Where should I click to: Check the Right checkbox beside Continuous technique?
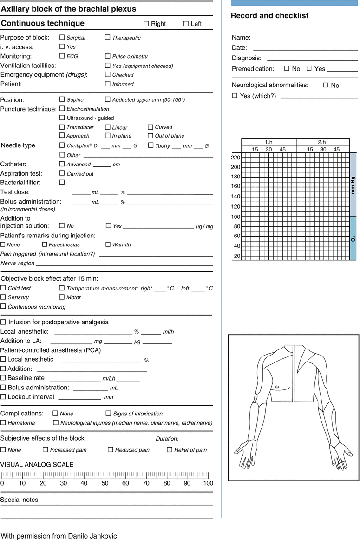point(146,24)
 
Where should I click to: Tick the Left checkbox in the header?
point(186,24)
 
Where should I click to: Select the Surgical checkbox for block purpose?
point(62,37)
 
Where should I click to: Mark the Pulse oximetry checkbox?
point(108,56)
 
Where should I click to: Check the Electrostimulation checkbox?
point(62,108)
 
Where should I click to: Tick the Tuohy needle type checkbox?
point(151,145)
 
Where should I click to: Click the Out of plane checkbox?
point(151,136)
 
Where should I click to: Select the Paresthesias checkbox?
point(45,244)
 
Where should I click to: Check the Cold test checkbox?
point(3,288)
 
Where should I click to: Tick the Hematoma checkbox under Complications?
point(3,423)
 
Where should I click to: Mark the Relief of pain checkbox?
point(170,450)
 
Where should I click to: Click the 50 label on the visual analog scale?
point(105,483)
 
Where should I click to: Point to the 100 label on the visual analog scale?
point(208,483)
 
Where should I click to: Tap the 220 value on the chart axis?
point(236,158)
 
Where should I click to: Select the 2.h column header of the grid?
point(322,142)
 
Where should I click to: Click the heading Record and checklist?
point(269,16)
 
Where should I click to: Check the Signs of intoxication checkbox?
point(109,413)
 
